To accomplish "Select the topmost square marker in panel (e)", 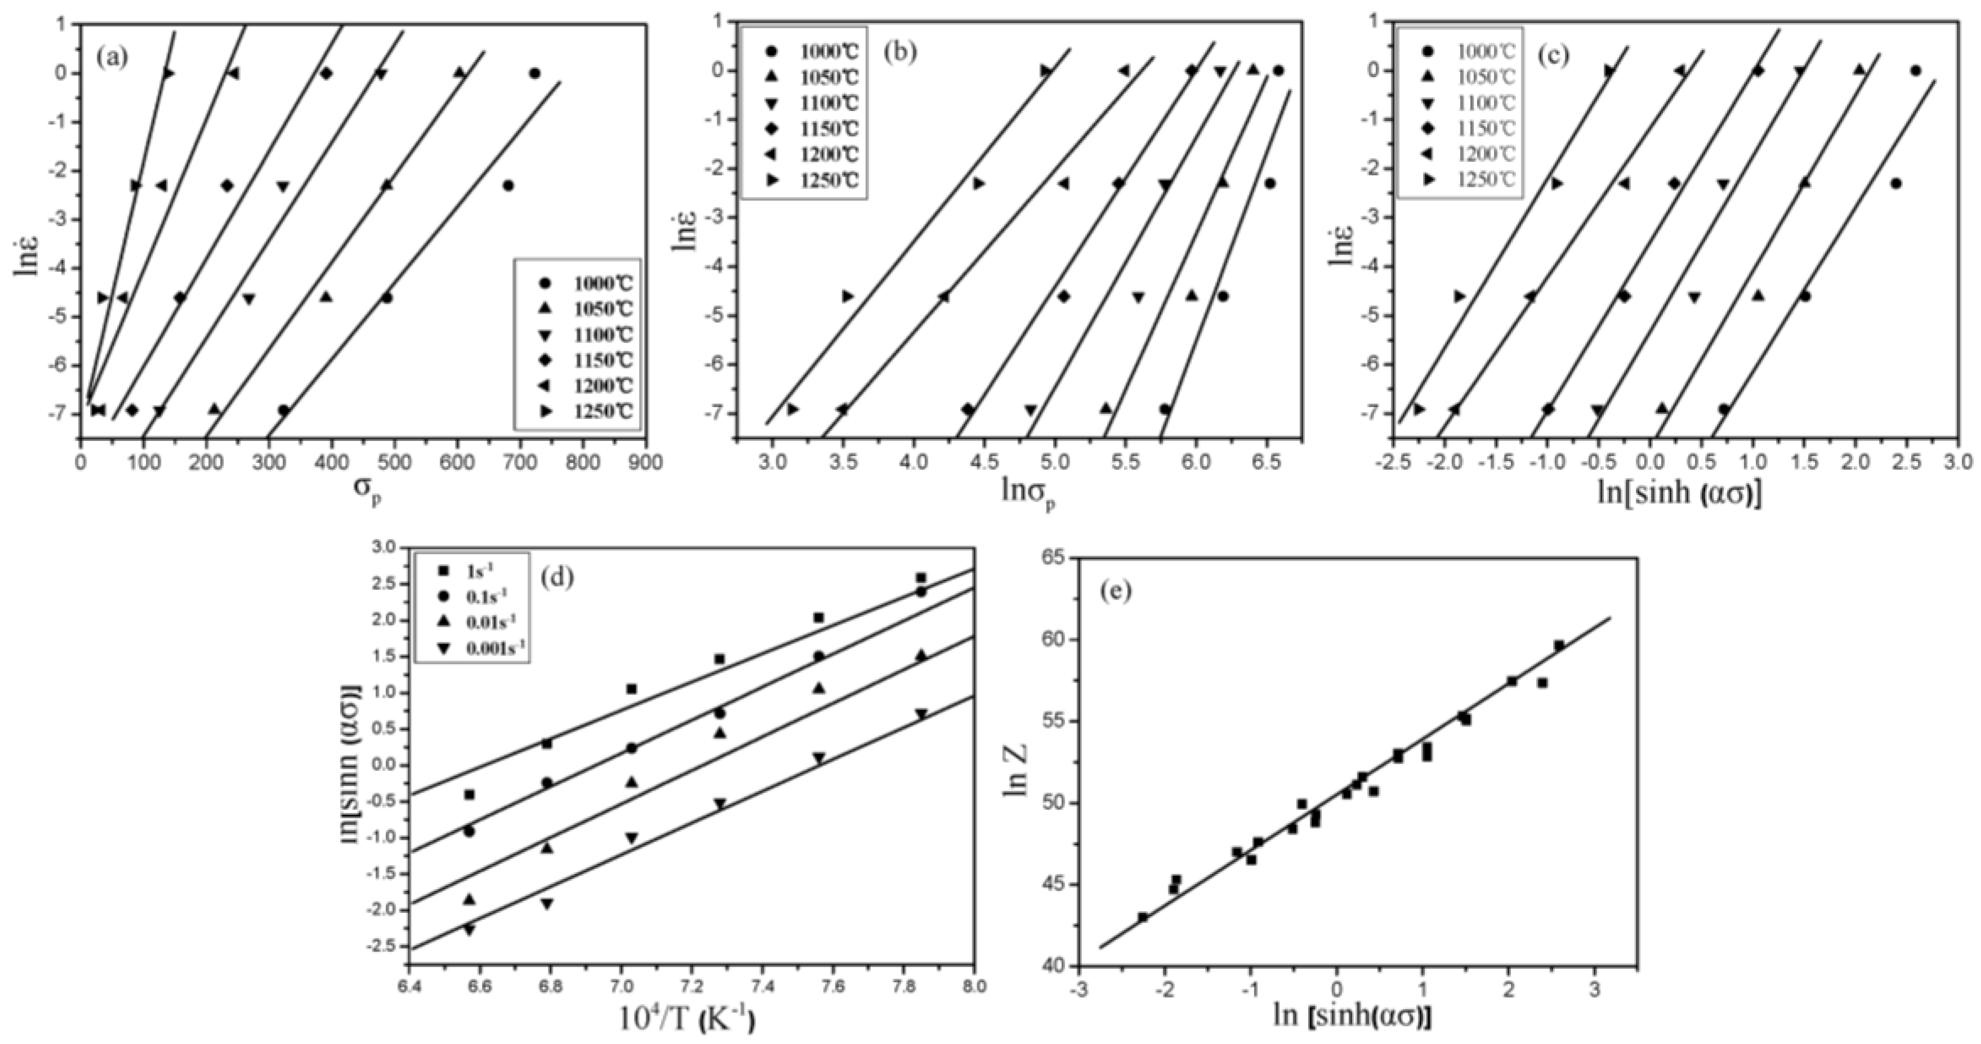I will click(1559, 645).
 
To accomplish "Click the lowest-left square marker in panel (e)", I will click(1143, 916).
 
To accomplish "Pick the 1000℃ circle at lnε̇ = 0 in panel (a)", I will click(534, 73).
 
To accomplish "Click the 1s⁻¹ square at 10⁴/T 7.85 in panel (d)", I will click(920, 577).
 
